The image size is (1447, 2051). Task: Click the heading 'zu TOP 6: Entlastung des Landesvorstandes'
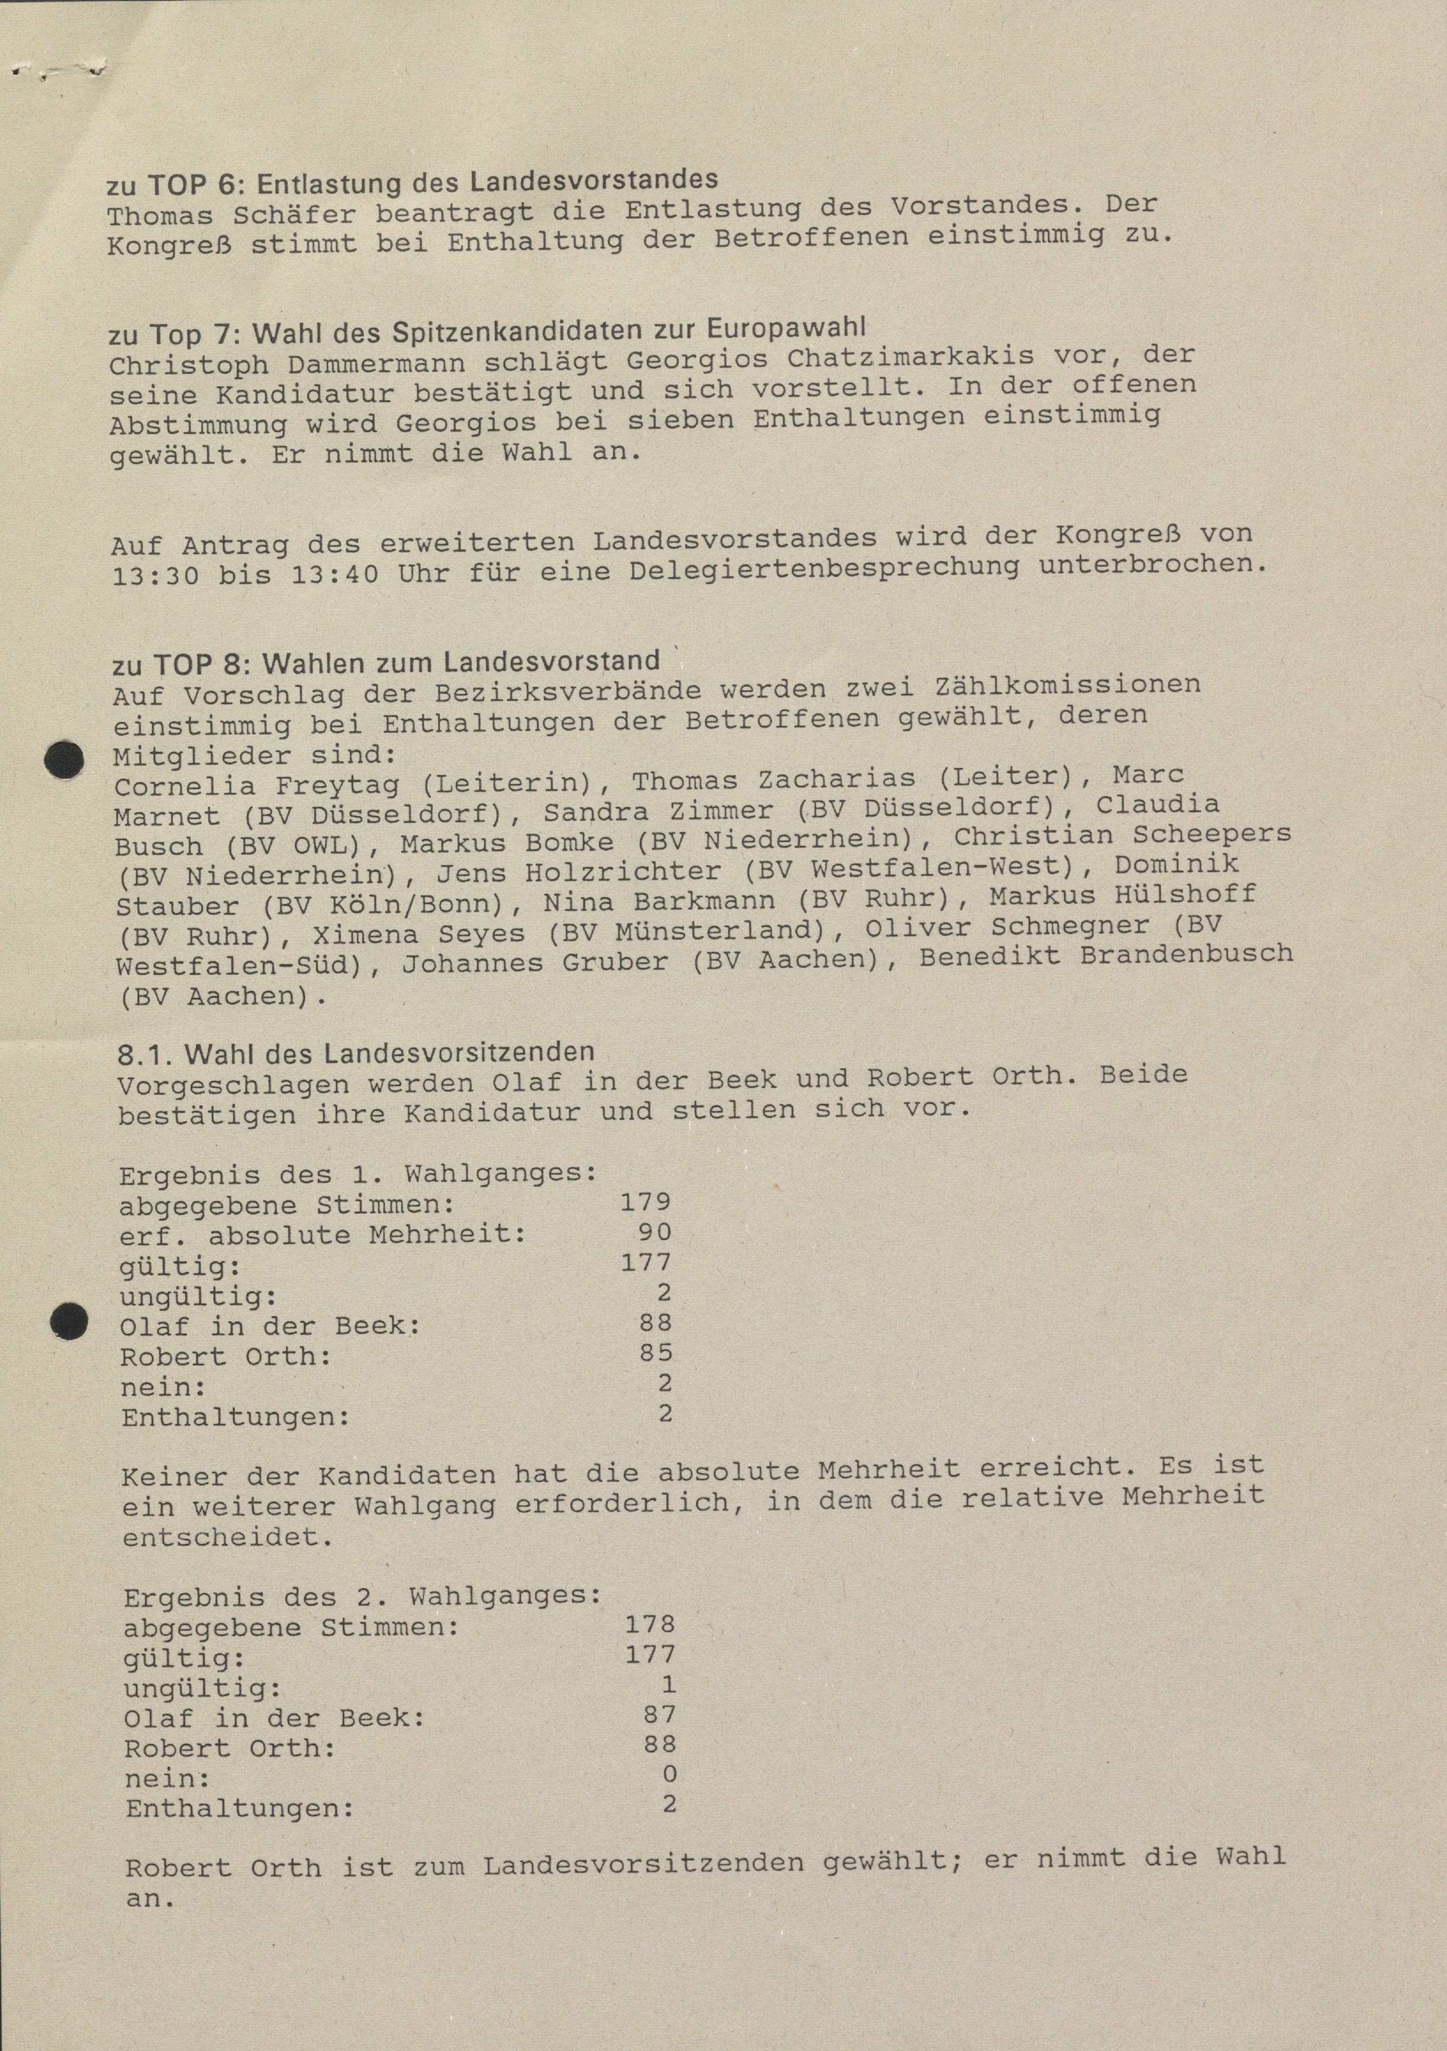(412, 182)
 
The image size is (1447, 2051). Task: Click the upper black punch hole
(64, 760)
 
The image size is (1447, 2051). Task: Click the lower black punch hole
(68, 1321)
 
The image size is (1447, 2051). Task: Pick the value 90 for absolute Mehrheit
(655, 1232)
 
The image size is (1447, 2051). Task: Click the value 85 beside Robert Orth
(656, 1352)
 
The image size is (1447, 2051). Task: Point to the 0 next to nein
(669, 1774)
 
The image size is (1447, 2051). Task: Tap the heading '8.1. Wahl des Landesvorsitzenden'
(355, 1052)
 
